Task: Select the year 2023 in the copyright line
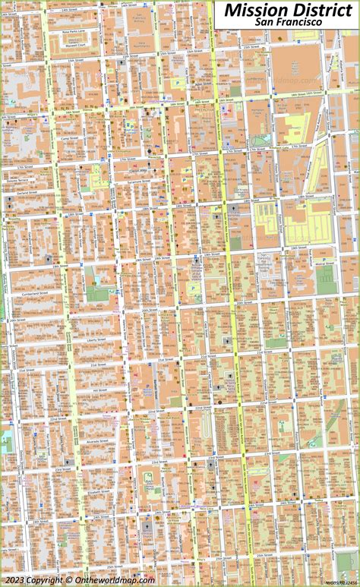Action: (14, 579)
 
